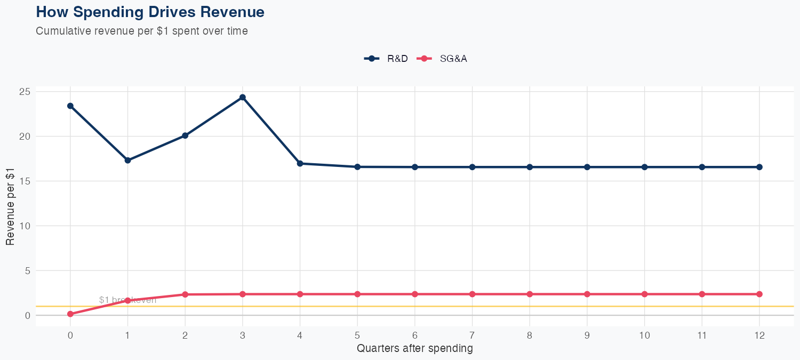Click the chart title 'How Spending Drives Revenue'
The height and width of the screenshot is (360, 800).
point(150,12)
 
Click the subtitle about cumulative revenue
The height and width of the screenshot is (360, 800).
point(142,31)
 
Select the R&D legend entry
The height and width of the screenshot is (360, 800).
point(386,59)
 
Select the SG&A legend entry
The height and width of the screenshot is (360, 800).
point(442,59)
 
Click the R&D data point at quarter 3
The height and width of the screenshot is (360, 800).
point(243,97)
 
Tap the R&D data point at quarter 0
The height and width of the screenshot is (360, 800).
point(70,106)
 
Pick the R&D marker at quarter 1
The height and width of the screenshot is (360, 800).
point(127,161)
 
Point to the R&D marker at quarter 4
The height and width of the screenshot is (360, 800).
point(300,164)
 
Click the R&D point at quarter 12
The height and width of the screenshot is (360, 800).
point(759,167)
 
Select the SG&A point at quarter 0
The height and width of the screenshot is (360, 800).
point(70,314)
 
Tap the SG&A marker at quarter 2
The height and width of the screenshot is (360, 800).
point(185,294)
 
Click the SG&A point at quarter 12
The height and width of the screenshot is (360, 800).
point(759,294)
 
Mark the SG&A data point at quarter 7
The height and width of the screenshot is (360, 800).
point(472,294)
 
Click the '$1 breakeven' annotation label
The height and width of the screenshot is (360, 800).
point(128,300)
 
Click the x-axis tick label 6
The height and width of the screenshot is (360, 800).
point(415,335)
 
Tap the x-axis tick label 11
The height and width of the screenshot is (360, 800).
point(702,335)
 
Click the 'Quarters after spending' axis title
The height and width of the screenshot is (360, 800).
point(415,349)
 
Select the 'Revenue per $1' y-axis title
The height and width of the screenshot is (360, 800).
point(10,207)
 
